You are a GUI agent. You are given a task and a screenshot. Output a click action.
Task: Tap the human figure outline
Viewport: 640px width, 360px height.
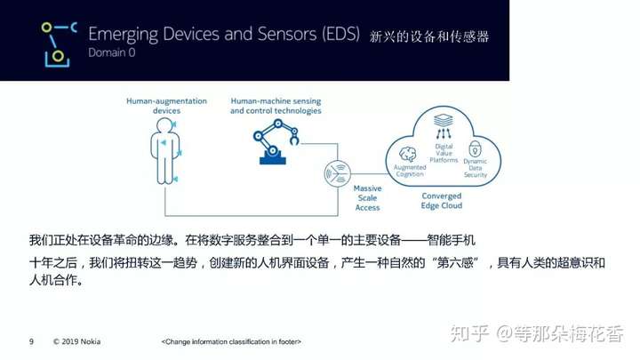pos(165,151)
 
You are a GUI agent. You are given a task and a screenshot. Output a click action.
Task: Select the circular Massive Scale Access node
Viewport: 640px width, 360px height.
pos(337,173)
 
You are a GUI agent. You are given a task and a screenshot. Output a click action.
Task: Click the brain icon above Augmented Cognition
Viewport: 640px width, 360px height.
pos(407,155)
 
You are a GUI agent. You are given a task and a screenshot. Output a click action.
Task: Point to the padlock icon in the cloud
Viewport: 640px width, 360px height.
pos(475,149)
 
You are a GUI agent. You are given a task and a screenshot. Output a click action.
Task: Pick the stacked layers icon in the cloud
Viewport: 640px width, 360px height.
pos(444,120)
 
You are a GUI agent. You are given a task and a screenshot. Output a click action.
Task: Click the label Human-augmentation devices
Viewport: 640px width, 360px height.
pos(166,106)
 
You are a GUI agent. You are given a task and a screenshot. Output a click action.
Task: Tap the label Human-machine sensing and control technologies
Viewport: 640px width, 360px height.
pos(276,106)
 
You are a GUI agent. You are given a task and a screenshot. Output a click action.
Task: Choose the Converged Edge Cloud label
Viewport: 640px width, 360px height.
pos(442,201)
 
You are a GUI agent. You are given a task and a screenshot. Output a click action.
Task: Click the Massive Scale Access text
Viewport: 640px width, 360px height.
pos(367,198)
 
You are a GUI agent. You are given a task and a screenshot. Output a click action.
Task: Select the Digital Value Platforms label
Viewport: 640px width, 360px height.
pos(444,153)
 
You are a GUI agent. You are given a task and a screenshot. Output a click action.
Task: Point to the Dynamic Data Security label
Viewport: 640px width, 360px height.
pos(475,168)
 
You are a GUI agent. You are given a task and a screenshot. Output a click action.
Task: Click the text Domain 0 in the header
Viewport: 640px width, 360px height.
pos(111,52)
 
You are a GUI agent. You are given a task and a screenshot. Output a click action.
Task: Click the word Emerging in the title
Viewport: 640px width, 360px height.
pos(124,35)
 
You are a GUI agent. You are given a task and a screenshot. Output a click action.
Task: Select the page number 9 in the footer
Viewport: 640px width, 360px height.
pos(31,341)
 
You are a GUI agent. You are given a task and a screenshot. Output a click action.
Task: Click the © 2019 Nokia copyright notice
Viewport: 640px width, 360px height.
pos(76,341)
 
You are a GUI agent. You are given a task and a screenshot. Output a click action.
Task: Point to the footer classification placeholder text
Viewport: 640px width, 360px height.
pos(231,341)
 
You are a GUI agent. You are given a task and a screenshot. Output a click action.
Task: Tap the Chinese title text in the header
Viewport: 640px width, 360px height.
pos(429,36)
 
